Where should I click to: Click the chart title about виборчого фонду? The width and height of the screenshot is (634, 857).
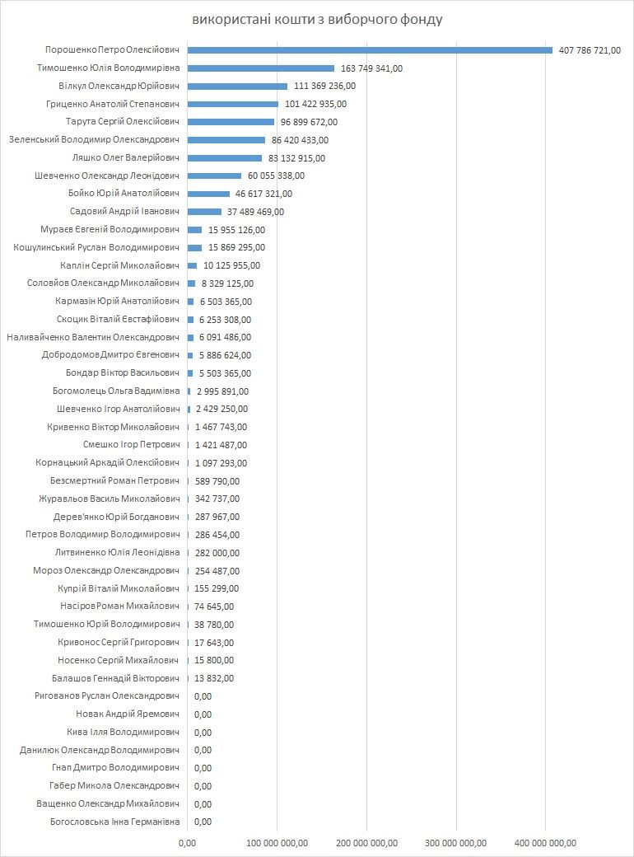tap(317, 19)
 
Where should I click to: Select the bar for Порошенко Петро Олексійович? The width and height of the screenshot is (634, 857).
tap(370, 50)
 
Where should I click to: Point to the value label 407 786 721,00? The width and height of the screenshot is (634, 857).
tap(590, 50)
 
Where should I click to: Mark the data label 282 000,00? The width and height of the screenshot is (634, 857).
tap(217, 553)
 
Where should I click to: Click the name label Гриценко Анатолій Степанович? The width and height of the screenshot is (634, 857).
tap(114, 104)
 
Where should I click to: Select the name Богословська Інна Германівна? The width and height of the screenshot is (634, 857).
tap(109, 822)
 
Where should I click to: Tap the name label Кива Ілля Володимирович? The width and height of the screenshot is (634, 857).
tap(123, 732)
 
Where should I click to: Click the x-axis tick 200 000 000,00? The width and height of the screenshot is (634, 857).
tap(366, 842)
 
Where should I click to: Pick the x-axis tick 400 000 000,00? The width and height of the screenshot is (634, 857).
tap(545, 842)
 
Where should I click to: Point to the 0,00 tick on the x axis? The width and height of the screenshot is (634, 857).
tap(187, 842)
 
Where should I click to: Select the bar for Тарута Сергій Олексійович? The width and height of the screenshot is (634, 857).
tap(231, 122)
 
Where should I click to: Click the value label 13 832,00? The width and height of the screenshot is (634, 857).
tap(214, 678)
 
